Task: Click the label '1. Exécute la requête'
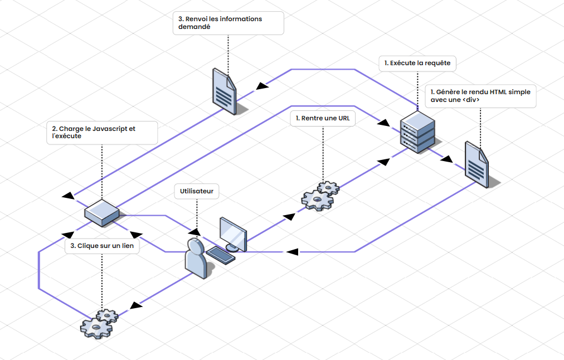(x=417, y=64)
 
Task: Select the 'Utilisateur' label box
(x=197, y=191)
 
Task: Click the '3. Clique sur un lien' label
(x=102, y=246)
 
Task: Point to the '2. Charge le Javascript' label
(x=101, y=133)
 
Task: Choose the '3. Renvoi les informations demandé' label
(x=228, y=23)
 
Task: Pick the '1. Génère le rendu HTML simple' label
(x=480, y=96)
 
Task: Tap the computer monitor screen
(x=234, y=232)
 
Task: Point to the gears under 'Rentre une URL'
(x=319, y=196)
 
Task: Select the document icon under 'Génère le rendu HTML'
(x=477, y=164)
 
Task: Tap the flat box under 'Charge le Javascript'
(x=101, y=213)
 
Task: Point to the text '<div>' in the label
(x=470, y=100)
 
